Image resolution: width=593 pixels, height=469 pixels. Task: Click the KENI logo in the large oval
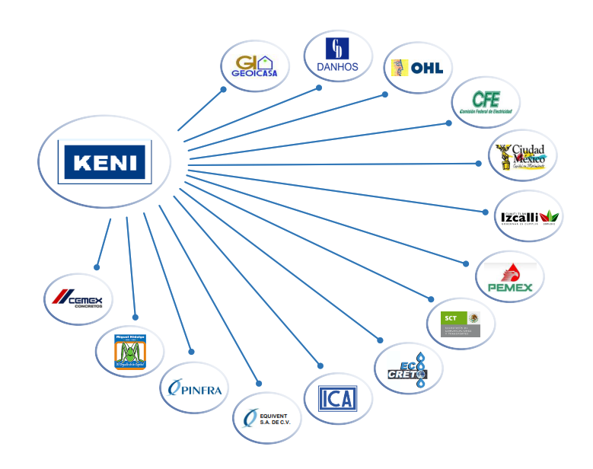coord(106,161)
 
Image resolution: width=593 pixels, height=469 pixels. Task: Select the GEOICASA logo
coord(254,66)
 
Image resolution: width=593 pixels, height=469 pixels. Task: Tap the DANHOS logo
coord(337,56)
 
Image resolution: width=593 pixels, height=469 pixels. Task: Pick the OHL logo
coord(417,69)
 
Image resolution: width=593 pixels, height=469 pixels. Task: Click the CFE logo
coord(486,101)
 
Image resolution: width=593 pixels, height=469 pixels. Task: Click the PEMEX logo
coord(510,279)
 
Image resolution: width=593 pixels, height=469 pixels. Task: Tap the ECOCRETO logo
coord(409,367)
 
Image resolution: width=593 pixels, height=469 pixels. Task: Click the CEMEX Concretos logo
coord(78,299)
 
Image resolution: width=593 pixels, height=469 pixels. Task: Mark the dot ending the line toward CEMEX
coord(97,267)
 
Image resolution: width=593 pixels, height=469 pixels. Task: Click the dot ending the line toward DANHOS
coord(319,88)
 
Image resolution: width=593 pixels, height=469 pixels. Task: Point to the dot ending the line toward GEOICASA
coord(224,89)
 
